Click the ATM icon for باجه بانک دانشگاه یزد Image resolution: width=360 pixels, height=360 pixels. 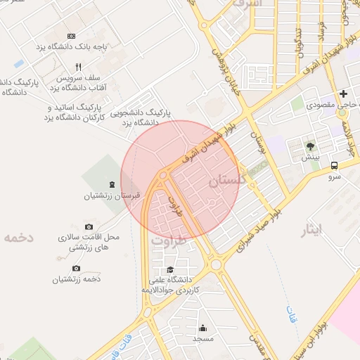[x=71, y=36]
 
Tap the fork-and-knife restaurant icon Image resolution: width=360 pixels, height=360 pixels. [x=79, y=67]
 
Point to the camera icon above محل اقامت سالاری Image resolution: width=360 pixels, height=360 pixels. [x=89, y=226]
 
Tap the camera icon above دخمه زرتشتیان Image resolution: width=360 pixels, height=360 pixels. [x=77, y=269]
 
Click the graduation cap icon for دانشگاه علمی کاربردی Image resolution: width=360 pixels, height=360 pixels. [x=169, y=270]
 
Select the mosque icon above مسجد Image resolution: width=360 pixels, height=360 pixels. [x=203, y=328]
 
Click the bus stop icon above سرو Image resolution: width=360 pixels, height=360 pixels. [x=334, y=167]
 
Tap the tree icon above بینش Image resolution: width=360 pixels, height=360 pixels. [x=310, y=147]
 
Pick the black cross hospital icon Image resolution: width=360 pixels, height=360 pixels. [x=344, y=94]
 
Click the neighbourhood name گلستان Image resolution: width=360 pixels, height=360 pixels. [x=229, y=181]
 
